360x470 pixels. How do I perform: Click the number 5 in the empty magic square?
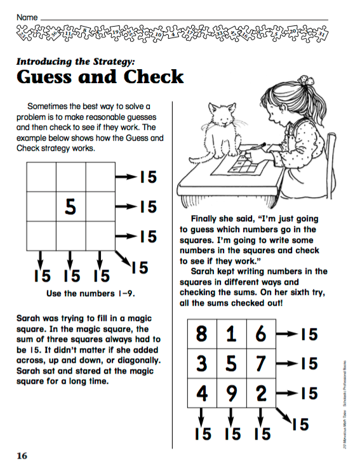pos(70,206)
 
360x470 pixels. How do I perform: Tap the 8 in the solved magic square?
pos(202,334)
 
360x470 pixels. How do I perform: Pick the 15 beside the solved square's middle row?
pos(308,364)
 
